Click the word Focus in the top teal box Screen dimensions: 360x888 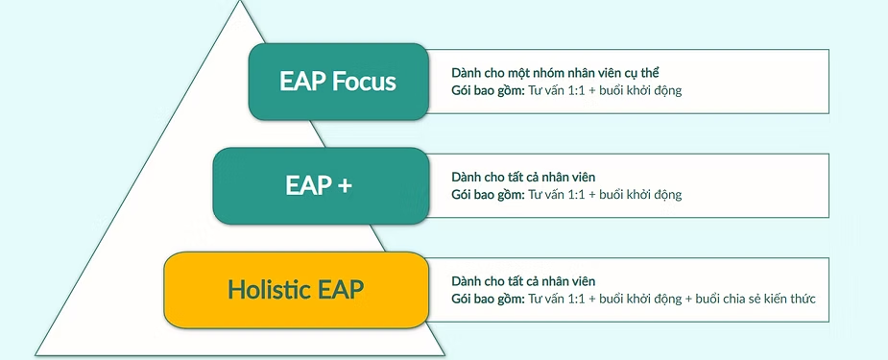tap(364, 82)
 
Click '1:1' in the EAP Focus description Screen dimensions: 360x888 tap(576, 90)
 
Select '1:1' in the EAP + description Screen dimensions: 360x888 tap(576, 195)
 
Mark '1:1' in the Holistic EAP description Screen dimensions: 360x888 tap(576, 300)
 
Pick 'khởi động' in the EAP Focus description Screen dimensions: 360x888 tap(656, 90)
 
